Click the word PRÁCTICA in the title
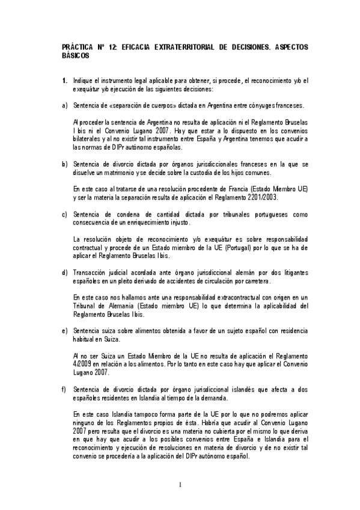click(x=78, y=46)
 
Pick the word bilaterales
click(x=88, y=138)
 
